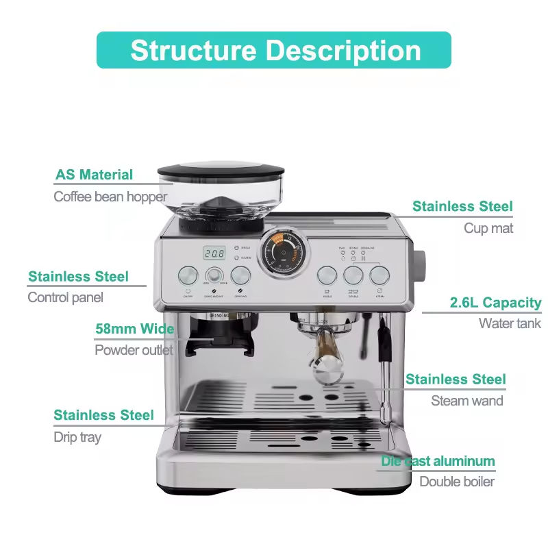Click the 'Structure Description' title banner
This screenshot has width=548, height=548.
274,50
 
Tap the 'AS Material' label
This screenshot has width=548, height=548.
95,175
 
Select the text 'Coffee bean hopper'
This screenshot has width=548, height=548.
110,197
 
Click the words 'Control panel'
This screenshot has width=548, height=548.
66,297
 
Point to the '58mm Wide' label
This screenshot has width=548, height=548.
134,329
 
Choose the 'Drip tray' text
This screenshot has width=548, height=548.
77,437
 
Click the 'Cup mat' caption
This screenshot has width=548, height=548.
488,228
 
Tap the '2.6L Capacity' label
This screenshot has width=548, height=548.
495,303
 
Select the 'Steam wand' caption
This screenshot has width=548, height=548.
467,401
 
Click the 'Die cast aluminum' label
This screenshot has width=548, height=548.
438,461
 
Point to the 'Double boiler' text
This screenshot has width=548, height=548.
457,482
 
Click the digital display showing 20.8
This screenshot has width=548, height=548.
214,253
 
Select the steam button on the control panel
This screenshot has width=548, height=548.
379,275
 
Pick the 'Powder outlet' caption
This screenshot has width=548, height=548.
134,350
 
